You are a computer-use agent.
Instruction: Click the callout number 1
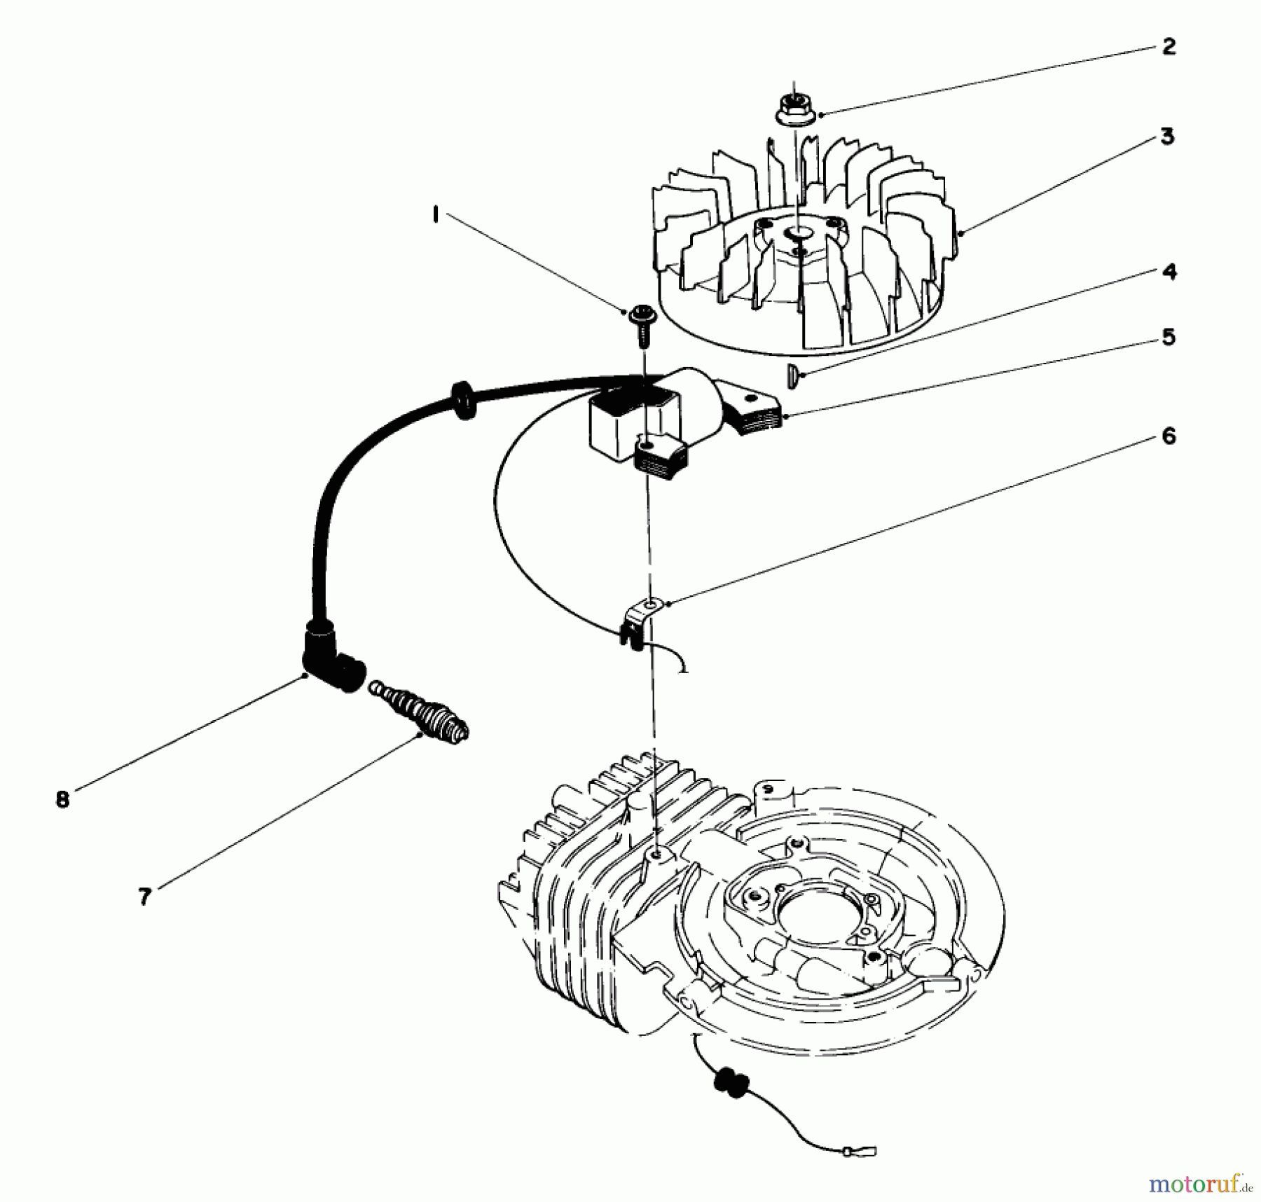[436, 214]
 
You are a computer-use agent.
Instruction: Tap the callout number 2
[1168, 47]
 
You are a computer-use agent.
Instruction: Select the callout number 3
[1167, 137]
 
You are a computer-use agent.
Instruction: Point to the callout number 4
[1169, 272]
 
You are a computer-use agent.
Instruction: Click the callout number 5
[1168, 337]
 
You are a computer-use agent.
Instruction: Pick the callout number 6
[1168, 436]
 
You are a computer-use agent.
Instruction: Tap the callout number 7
[144, 897]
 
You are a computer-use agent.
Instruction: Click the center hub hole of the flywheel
[797, 232]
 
